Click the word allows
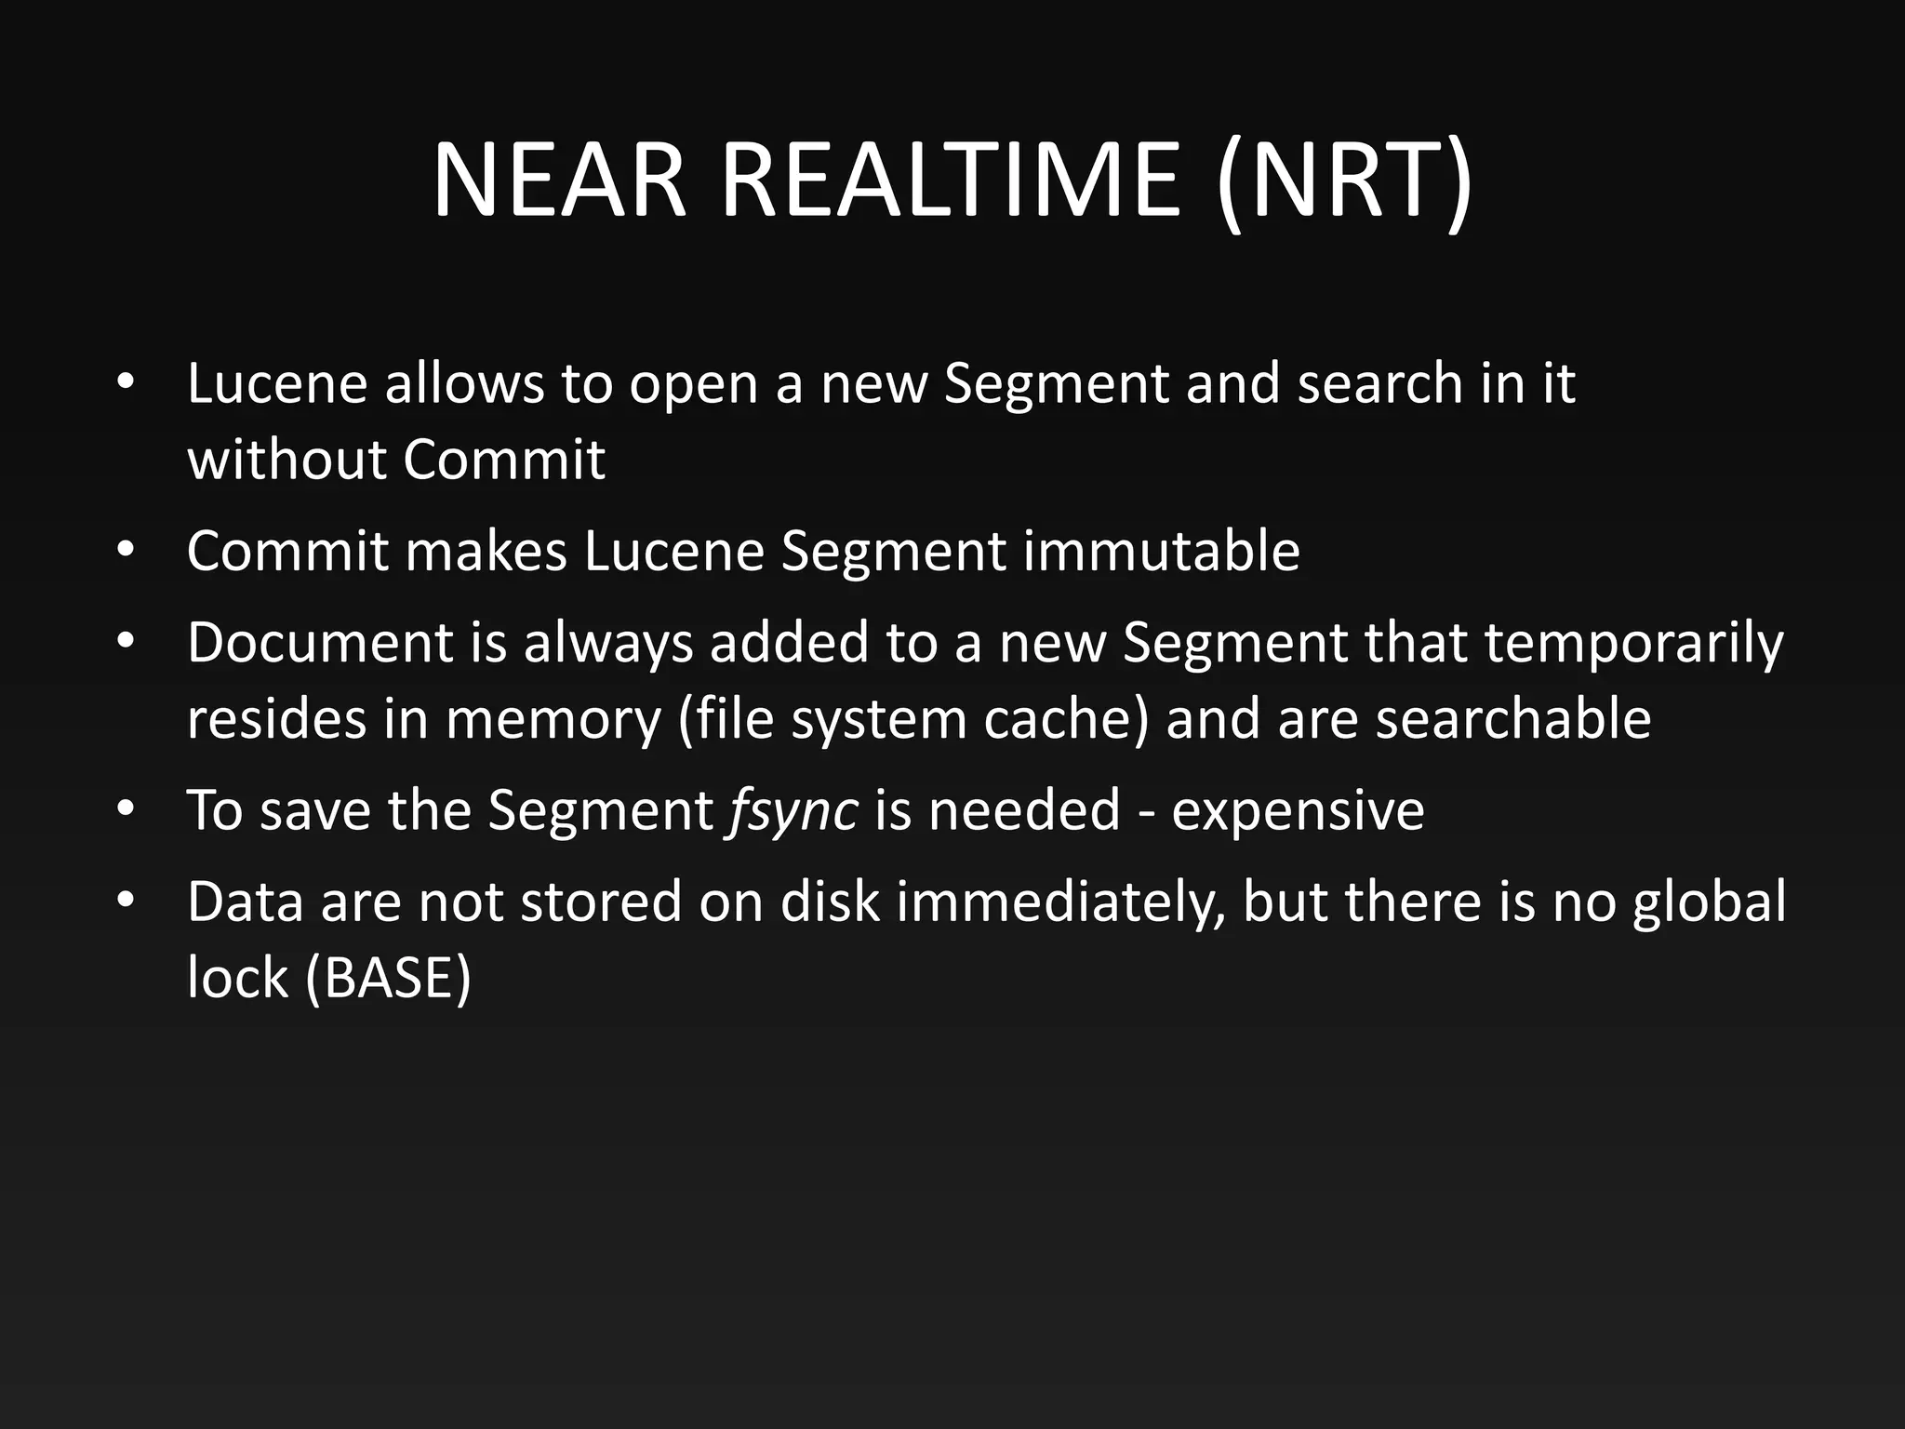coord(464,383)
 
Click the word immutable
coord(1162,551)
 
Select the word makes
coord(486,551)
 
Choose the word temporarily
coord(1634,643)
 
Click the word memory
coord(553,719)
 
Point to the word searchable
coord(1513,719)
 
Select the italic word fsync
coord(793,810)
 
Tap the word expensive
coord(1298,810)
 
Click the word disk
coord(830,901)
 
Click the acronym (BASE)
coord(389,979)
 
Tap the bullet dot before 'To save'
coord(127,810)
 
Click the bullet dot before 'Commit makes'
coord(127,551)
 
